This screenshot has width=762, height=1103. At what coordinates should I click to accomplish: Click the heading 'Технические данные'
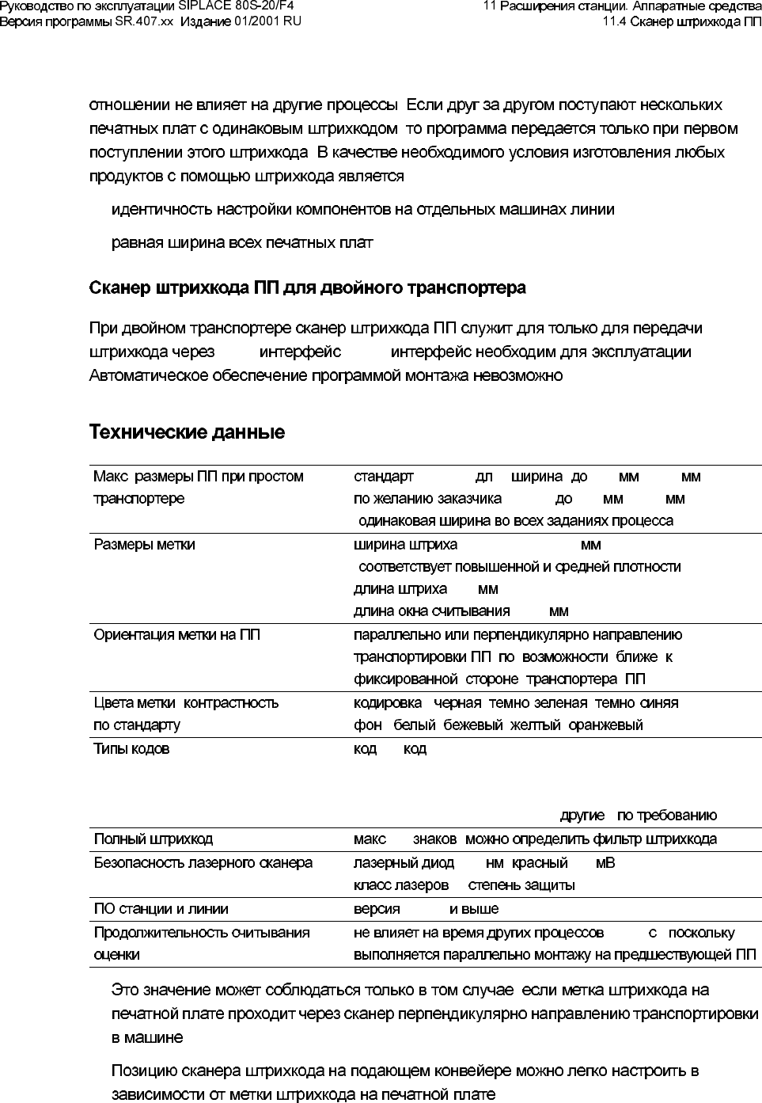pyautogui.click(x=187, y=433)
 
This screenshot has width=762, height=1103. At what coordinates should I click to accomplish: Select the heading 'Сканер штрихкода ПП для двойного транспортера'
pyautogui.click(x=307, y=287)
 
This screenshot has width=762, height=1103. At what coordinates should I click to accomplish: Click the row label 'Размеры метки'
pyautogui.click(x=144, y=545)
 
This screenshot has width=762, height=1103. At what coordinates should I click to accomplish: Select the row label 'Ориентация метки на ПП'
pyautogui.click(x=176, y=635)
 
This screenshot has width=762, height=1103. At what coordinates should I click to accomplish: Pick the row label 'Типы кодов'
pyautogui.click(x=131, y=749)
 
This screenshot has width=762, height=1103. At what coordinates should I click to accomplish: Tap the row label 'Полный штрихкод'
pyautogui.click(x=153, y=839)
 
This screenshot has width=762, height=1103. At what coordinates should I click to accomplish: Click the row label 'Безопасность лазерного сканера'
pyautogui.click(x=203, y=863)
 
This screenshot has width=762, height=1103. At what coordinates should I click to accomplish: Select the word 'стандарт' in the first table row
pyautogui.click(x=383, y=477)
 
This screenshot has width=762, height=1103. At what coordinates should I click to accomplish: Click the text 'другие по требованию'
pyautogui.click(x=638, y=816)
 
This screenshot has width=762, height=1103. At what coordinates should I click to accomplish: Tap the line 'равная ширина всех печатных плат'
pyautogui.click(x=241, y=242)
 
